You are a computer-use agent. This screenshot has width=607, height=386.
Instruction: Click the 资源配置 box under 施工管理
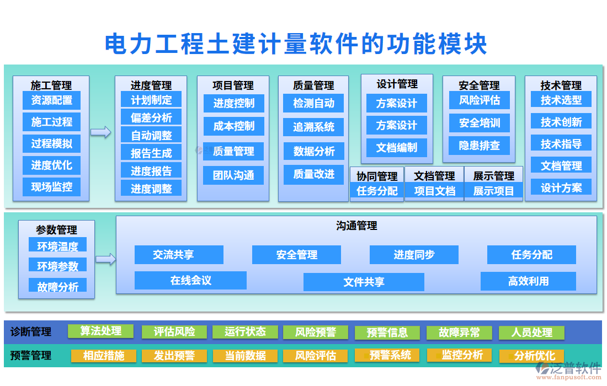[x=51, y=100]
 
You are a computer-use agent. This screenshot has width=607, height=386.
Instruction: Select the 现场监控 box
[x=51, y=187]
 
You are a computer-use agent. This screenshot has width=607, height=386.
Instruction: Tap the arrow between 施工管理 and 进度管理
[x=100, y=132]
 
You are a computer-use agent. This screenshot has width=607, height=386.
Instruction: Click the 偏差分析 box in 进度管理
[x=151, y=117]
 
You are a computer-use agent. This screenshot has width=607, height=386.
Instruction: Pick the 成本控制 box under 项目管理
[x=233, y=126]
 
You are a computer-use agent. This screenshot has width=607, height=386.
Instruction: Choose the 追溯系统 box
[x=313, y=127]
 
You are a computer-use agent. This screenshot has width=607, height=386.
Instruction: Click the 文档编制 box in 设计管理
[x=396, y=148]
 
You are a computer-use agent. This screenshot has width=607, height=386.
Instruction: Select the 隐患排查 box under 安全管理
[x=479, y=146]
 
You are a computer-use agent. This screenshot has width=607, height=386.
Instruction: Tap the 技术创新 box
[x=561, y=122]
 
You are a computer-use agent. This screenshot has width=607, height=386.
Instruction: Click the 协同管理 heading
[x=377, y=176]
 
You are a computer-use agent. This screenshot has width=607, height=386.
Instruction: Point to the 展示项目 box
[x=493, y=191]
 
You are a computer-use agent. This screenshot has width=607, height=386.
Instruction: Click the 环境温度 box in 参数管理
[x=57, y=246]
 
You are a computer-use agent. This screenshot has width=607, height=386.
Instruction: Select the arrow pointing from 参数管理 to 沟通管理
[x=105, y=259]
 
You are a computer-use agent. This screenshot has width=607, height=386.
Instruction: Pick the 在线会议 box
[x=190, y=281]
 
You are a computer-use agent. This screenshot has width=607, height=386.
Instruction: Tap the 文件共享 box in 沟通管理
[x=364, y=282]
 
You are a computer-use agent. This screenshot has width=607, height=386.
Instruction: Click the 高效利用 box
[x=528, y=281]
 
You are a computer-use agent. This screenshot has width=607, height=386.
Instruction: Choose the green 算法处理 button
[x=100, y=331]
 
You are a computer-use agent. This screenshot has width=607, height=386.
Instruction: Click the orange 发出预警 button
[x=174, y=356]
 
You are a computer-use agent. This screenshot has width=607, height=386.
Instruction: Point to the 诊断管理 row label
[x=31, y=332]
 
